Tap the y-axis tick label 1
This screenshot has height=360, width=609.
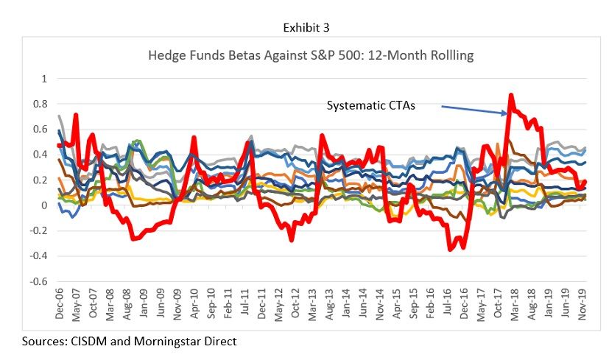click(x=43, y=79)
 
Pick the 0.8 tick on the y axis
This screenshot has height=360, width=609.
click(x=41, y=104)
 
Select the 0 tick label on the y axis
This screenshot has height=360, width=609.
click(x=43, y=205)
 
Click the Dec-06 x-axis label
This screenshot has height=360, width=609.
click(x=60, y=306)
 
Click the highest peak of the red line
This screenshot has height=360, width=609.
click(x=510, y=95)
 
